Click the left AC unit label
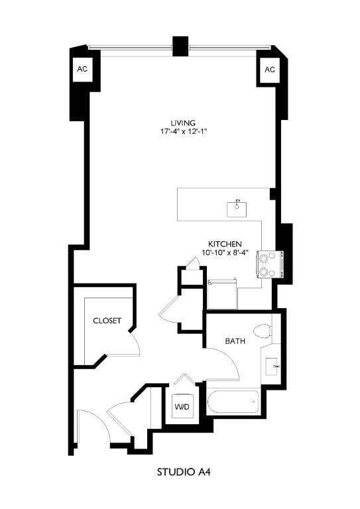[x=82, y=69]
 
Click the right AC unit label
[x=270, y=70]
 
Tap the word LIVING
[x=182, y=123]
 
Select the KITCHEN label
[x=225, y=243]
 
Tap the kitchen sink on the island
[x=237, y=208]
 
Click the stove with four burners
[x=270, y=264]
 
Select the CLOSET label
[x=107, y=321]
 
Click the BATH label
[x=235, y=341]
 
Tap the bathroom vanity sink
[x=273, y=366]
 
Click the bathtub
[x=232, y=402]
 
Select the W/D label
[x=182, y=406]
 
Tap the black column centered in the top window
[x=180, y=46]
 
